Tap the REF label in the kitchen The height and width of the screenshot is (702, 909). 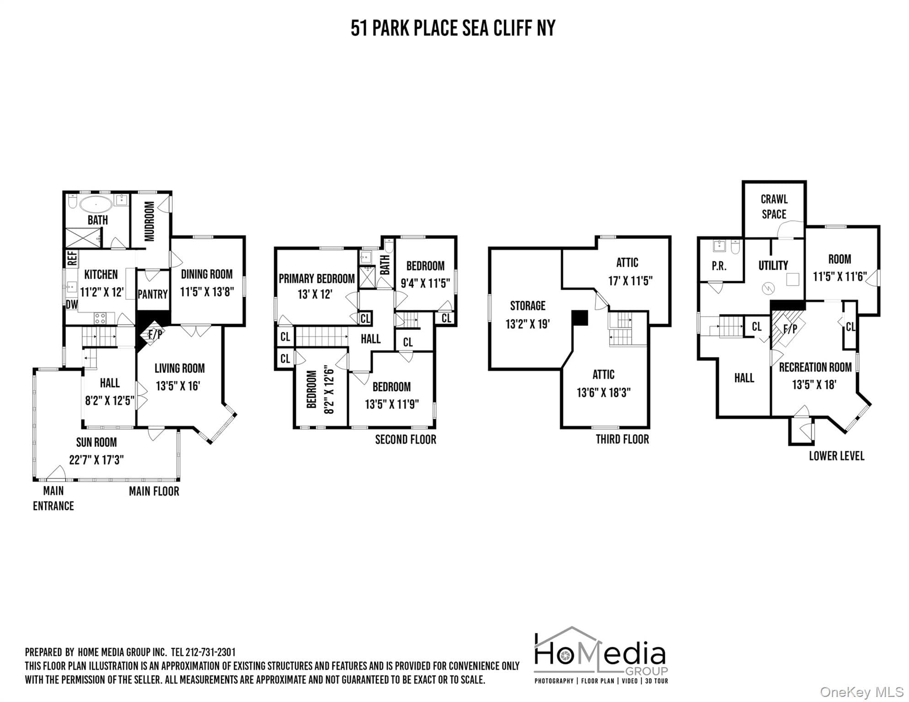coord(72,258)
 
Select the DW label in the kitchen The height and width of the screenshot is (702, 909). coord(72,304)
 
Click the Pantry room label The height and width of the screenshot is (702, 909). coord(153,294)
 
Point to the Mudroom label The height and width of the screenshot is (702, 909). coord(150,221)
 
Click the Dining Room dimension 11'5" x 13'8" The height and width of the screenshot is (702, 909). coord(207,292)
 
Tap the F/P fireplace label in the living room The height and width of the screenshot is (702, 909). coord(155,335)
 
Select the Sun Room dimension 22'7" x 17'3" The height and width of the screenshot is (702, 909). coord(96,460)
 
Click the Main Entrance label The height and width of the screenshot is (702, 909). coord(53,498)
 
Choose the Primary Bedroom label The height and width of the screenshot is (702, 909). coord(317,278)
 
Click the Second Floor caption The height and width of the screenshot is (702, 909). coord(406,440)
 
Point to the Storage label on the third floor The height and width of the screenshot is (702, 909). coord(528,305)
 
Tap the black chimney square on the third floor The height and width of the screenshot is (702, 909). coord(580,318)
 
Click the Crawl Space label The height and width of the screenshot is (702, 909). coord(774,207)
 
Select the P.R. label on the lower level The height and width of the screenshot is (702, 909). coord(719,266)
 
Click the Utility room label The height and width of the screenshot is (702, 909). coord(773,265)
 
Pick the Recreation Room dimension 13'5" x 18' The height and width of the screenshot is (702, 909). coord(814,384)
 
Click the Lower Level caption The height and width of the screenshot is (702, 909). coord(836,456)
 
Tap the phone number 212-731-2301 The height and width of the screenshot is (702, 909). coord(210,652)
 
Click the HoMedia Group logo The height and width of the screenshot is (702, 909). coord(601,655)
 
